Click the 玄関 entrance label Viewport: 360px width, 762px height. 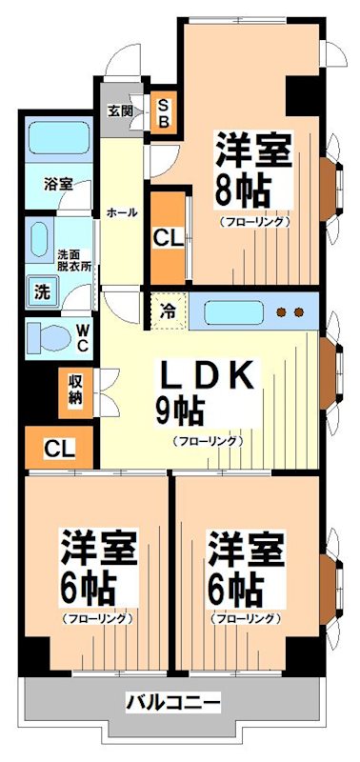120,110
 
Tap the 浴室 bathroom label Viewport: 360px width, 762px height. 58,184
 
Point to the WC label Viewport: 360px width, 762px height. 83,336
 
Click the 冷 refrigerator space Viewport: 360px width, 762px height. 168,311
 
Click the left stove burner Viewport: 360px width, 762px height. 283,311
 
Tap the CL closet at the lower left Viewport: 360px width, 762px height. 56,447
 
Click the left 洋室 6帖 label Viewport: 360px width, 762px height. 98,568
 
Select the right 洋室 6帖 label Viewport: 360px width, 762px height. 246,568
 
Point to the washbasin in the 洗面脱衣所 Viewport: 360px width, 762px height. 40,239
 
